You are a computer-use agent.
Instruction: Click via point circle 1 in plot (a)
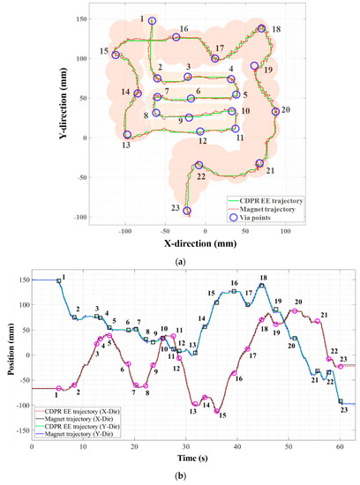tap(152, 20)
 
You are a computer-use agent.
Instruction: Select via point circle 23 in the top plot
tap(187, 211)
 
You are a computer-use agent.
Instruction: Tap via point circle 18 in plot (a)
tap(262, 29)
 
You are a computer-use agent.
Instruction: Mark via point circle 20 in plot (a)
tap(275, 112)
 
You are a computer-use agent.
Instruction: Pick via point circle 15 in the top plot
tap(116, 55)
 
